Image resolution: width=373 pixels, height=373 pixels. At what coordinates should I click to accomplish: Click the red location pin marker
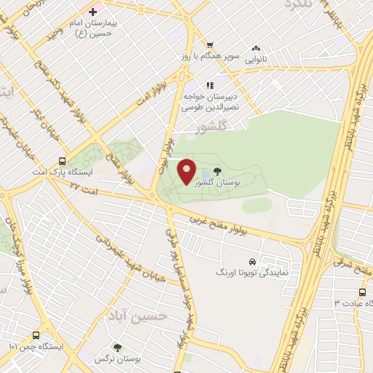186,171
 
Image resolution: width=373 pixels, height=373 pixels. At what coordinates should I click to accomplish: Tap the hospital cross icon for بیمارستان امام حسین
93,11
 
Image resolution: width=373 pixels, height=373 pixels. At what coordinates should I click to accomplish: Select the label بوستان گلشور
235,184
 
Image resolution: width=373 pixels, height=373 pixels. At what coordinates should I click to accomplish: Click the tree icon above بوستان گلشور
219,173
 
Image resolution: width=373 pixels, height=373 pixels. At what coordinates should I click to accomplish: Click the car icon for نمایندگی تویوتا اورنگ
251,261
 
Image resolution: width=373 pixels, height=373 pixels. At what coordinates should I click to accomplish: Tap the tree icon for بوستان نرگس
117,348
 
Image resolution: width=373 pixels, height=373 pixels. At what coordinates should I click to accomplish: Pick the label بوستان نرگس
117,360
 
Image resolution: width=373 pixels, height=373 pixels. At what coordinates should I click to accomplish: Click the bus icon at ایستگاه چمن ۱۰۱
36,335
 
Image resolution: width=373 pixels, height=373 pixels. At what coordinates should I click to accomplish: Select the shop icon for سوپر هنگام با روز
211,44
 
